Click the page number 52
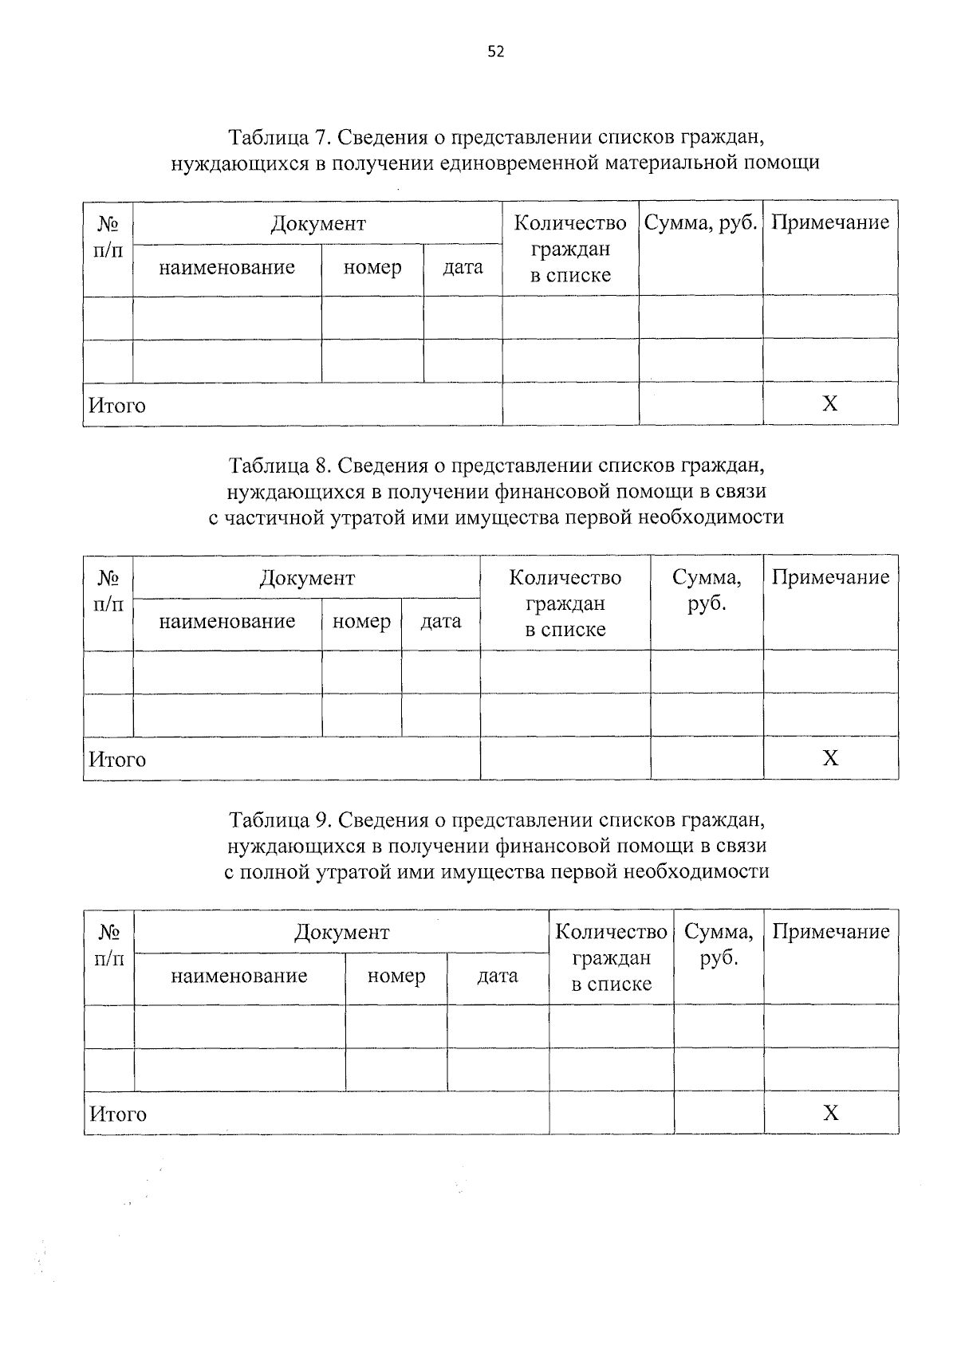point(495,53)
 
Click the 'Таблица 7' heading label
point(278,137)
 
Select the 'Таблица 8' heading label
point(278,465)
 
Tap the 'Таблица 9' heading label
point(278,819)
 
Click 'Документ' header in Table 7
point(317,223)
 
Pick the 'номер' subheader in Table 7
point(372,268)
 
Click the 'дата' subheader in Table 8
point(441,621)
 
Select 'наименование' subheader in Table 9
point(239,976)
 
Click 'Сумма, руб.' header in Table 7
point(700,222)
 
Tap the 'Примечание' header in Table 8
point(830,577)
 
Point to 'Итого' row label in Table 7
point(117,406)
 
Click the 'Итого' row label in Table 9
point(118,1114)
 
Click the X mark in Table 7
point(830,403)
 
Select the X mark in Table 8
point(830,757)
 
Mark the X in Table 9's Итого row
point(830,1113)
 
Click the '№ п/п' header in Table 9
point(109,944)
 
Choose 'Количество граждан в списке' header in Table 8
point(565,603)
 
